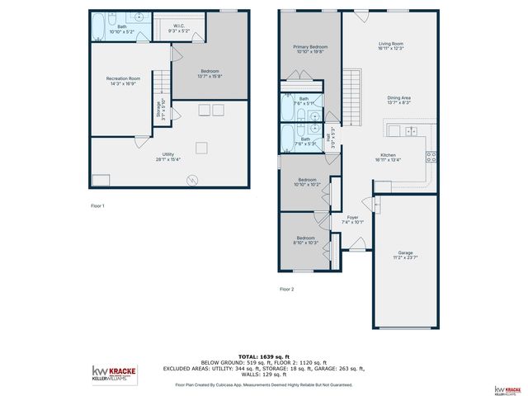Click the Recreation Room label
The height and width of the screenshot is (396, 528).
pos(123,80)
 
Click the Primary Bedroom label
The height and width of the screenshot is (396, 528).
pos(310,49)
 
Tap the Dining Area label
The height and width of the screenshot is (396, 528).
pos(399,100)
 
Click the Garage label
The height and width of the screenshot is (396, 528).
pos(405,255)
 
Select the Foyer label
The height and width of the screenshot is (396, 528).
pos(352,219)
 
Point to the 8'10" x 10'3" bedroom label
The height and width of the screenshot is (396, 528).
pos(305,240)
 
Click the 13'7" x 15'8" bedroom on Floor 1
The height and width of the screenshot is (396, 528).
pos(210,74)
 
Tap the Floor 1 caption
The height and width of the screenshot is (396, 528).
pos(97,205)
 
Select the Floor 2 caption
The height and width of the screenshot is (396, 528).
pos(286,289)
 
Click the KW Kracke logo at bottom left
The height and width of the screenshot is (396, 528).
pos(116,374)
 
